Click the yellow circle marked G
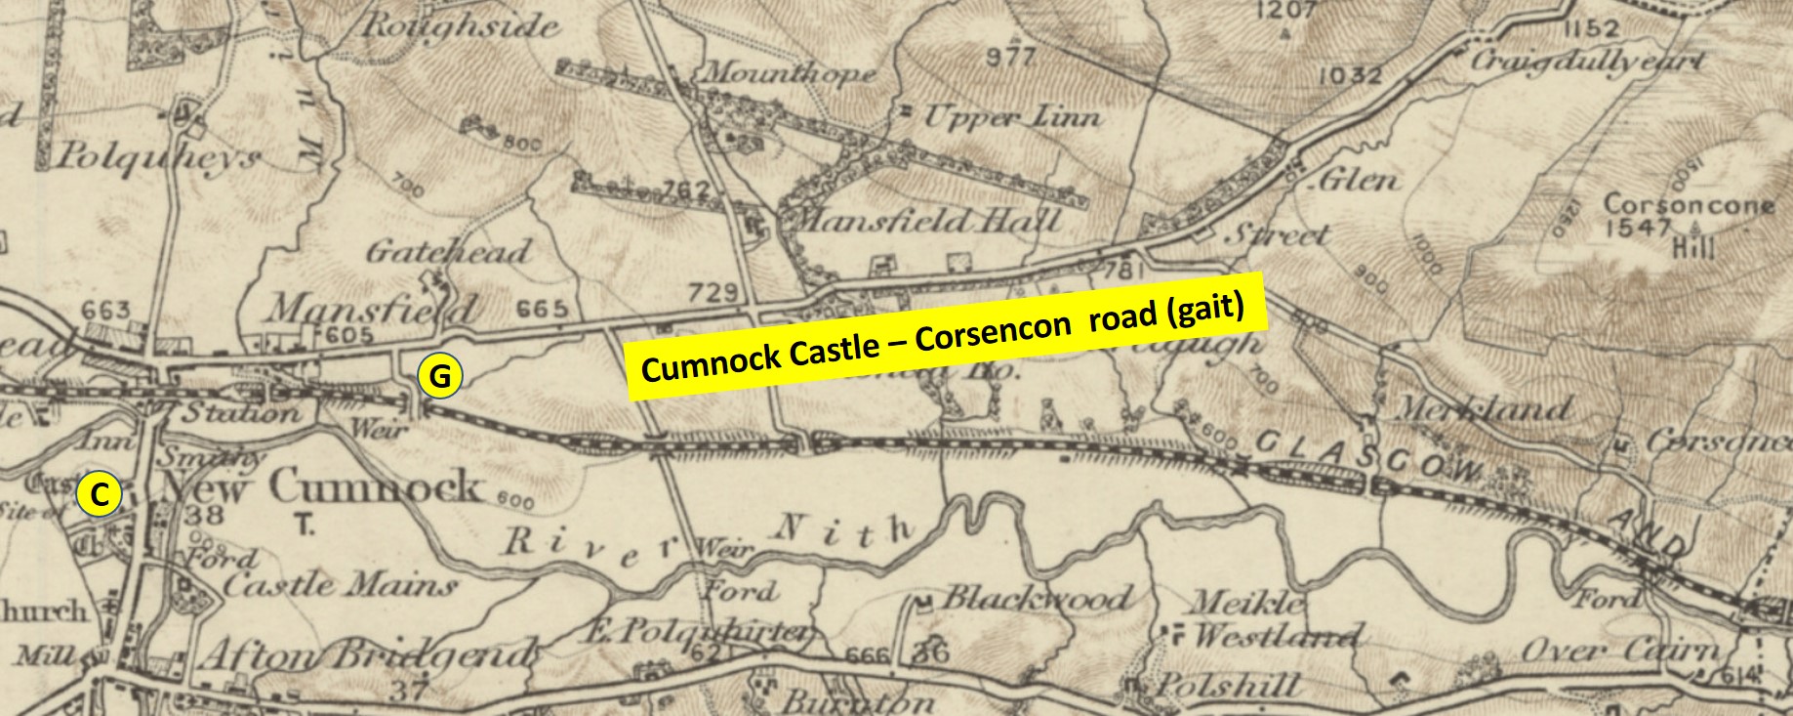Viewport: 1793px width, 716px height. click(x=439, y=376)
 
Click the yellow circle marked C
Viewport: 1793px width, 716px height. click(x=99, y=495)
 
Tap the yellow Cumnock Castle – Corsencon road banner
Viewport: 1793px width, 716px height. click(x=945, y=335)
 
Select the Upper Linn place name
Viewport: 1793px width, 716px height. click(x=1011, y=118)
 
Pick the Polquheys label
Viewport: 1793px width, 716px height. click(x=161, y=157)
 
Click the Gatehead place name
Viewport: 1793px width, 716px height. click(x=448, y=252)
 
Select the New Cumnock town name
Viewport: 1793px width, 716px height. click(x=322, y=486)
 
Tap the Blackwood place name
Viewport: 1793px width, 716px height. click(x=1035, y=597)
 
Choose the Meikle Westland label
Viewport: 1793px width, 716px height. click(x=1269, y=620)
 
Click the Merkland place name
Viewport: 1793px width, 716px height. click(x=1484, y=408)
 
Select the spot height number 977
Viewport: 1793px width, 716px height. click(x=1009, y=57)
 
